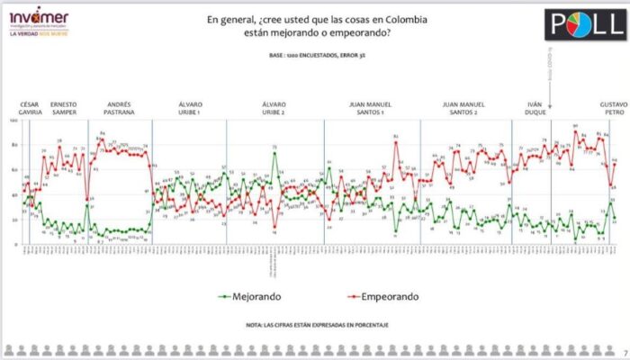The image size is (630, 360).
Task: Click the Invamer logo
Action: tap(38, 18)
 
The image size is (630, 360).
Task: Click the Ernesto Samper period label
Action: tap(69, 104)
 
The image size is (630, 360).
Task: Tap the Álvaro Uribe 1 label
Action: tap(190, 104)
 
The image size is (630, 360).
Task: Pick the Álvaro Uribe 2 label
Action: tap(273, 104)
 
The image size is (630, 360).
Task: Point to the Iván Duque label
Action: tap(534, 104)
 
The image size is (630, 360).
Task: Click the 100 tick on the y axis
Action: tap(13, 121)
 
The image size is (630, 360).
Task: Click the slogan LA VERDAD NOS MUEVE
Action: tap(39, 36)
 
